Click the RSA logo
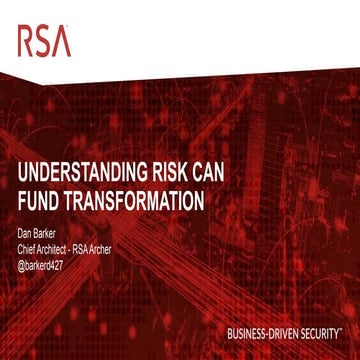(44, 40)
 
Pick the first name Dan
(27, 234)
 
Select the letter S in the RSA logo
(44, 40)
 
